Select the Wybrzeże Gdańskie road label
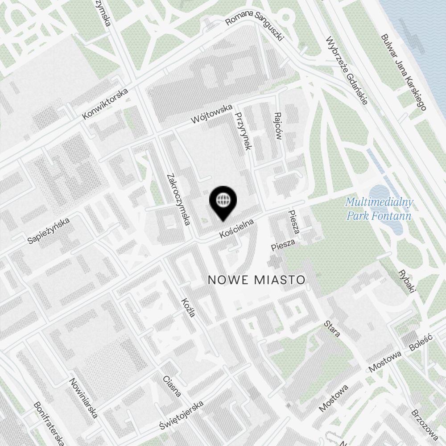pyautogui.click(x=346, y=70)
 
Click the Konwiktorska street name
pyautogui.click(x=105, y=104)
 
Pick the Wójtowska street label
pyautogui.click(x=211, y=114)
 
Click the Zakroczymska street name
pyautogui.click(x=178, y=198)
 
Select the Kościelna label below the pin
pyautogui.click(x=236, y=228)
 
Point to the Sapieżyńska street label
pyautogui.click(x=49, y=231)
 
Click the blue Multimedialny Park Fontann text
pyautogui.click(x=379, y=209)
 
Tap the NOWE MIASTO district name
pyautogui.click(x=257, y=280)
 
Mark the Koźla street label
pyautogui.click(x=189, y=307)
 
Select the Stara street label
pyautogui.click(x=332, y=328)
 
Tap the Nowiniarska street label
pyautogui.click(x=83, y=398)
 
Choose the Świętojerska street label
pyautogui.click(x=182, y=416)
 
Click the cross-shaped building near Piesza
pyautogui.click(x=275, y=261)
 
